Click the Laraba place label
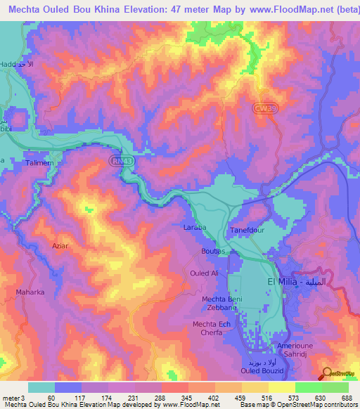tap(195, 228)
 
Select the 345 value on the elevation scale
tap(172, 398)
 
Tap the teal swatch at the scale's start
tap(41, 387)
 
